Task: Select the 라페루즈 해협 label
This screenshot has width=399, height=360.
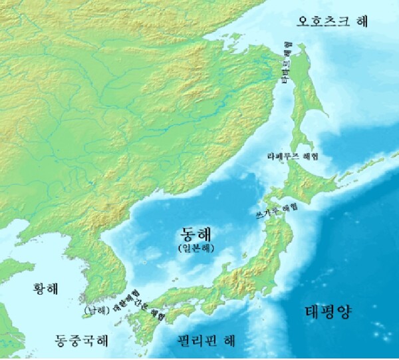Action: coord(292,156)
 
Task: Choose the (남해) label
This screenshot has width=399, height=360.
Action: coord(91,310)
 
